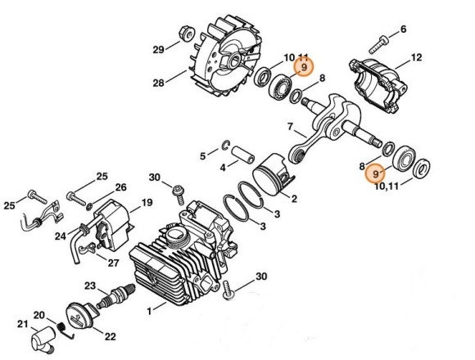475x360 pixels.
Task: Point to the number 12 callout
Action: coord(416,57)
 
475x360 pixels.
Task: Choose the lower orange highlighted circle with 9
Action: coord(375,174)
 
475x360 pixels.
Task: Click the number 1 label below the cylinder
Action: coord(149,310)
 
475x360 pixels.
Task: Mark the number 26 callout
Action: coord(120,187)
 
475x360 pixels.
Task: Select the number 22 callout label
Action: coord(111,335)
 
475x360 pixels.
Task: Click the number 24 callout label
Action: coord(61,236)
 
